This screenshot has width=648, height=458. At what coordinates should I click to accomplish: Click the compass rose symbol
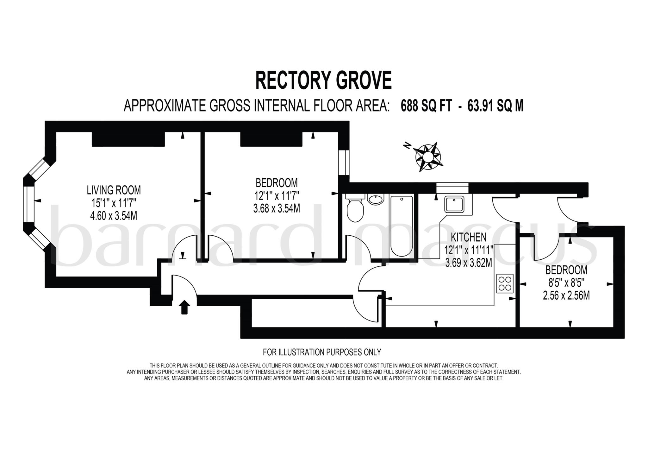[x=428, y=157]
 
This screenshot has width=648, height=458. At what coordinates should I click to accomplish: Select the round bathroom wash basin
[x=376, y=200]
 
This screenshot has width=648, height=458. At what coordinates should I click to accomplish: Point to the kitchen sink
[x=454, y=205]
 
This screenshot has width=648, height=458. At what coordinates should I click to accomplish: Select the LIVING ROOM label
[x=114, y=190]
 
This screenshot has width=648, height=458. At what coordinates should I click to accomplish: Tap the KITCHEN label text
[x=468, y=237]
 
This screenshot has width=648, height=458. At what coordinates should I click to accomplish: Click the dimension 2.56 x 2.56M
[x=566, y=296]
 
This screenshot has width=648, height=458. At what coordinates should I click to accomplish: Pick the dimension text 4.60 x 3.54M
[x=114, y=216]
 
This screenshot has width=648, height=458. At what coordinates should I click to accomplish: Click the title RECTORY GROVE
[x=323, y=81]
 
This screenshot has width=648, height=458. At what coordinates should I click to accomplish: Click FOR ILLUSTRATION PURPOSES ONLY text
[x=322, y=352]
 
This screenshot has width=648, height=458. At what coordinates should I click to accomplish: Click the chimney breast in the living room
[x=128, y=139]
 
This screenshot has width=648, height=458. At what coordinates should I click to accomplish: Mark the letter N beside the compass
[x=407, y=145]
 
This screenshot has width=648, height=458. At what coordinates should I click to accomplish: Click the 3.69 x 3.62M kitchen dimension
[x=468, y=263]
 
